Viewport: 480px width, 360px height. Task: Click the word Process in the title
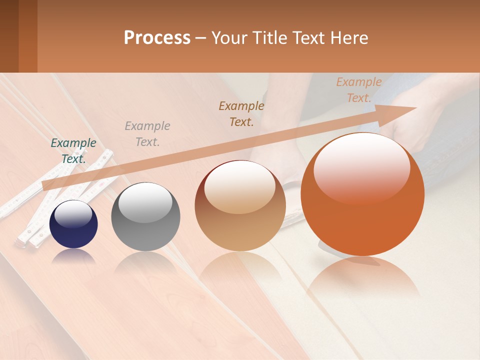pos(157,38)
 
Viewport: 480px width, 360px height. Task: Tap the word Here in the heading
pos(349,38)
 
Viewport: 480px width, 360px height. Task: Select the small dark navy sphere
pos(73,225)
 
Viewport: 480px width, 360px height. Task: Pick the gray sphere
pos(145,217)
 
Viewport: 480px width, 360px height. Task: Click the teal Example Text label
pos(73,150)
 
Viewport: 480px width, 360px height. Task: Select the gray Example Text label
pos(147,133)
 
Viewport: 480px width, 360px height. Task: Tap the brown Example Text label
pos(241,113)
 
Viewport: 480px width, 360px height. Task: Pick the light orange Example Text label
pos(358,90)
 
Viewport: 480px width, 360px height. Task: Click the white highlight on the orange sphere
pos(362,167)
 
